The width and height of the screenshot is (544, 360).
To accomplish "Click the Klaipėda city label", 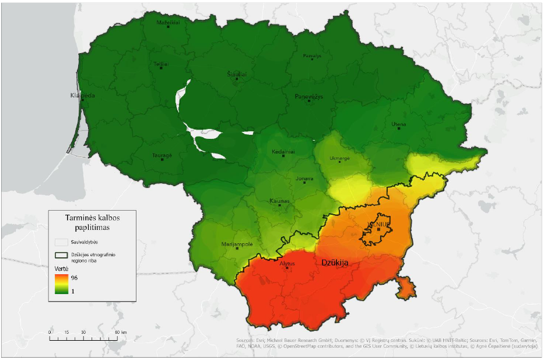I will click(82, 95).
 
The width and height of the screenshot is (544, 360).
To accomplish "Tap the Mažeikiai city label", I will click(168, 23).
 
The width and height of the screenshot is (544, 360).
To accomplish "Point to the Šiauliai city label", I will click(237, 75).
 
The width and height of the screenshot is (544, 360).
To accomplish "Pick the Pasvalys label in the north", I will click(312, 56).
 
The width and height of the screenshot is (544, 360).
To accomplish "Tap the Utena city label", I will click(399, 124).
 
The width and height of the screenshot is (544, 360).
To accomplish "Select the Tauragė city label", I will click(162, 156).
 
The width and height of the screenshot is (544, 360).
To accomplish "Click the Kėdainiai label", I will click(282, 152).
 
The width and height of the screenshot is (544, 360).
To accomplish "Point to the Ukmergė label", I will click(340, 158).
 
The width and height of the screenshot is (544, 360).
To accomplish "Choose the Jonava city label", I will click(304, 179).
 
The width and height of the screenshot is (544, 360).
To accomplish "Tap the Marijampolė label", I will click(237, 244).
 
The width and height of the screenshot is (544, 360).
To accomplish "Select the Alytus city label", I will click(287, 264).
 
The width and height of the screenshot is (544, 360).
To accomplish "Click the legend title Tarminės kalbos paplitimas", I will click(92, 222).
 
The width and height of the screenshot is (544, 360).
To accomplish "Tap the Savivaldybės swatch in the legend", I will click(61, 242).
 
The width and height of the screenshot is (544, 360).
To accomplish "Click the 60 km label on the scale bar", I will click(120, 332).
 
